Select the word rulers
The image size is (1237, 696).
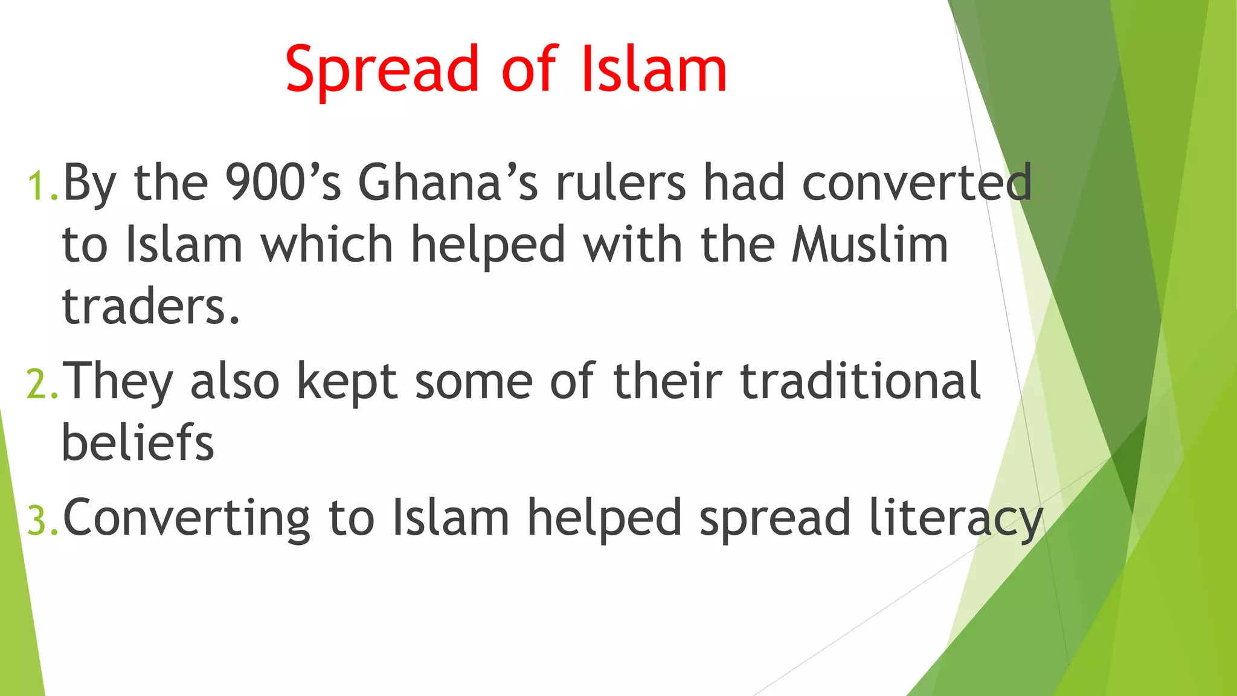tap(621, 182)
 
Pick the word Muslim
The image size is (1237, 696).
tap(870, 245)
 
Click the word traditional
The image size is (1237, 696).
tap(860, 381)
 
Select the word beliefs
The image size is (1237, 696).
tap(138, 442)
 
